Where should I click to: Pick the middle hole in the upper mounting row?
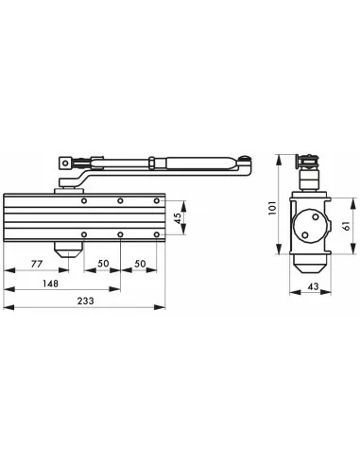tap(121, 201)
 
